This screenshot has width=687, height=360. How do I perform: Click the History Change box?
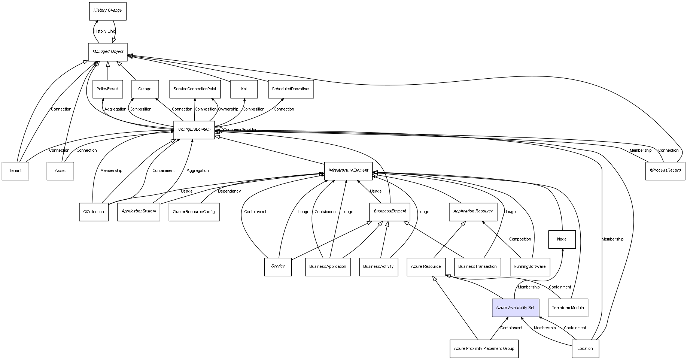pyautogui.click(x=107, y=11)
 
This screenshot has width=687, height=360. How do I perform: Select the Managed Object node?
pyautogui.click(x=108, y=52)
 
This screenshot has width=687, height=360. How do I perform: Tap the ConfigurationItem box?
pyautogui.click(x=194, y=130)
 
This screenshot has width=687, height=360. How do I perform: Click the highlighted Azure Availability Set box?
pyautogui.click(x=515, y=308)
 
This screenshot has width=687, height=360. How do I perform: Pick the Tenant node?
pyautogui.click(x=15, y=171)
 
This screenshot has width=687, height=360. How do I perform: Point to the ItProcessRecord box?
pyautogui.click(x=665, y=170)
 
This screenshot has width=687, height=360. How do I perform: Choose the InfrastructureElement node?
pyautogui.click(x=348, y=170)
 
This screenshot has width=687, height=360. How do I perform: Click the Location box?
pyautogui.click(x=585, y=348)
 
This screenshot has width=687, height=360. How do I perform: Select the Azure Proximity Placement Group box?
pyautogui.click(x=484, y=348)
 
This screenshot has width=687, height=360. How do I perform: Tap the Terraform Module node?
pyautogui.click(x=568, y=308)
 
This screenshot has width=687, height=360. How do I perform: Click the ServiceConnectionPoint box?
pyautogui.click(x=195, y=89)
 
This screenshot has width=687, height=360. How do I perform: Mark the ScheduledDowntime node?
pyautogui.click(x=291, y=89)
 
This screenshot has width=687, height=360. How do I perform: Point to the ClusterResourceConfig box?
pyautogui.click(x=194, y=212)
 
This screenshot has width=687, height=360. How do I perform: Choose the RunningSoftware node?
pyautogui.click(x=529, y=267)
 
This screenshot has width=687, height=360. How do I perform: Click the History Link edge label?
pyautogui.click(x=104, y=31)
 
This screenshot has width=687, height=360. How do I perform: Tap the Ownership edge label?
pyautogui.click(x=228, y=109)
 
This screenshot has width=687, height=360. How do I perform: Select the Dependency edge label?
pyautogui.click(x=229, y=191)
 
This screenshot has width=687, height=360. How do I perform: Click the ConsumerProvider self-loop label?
pyautogui.click(x=240, y=130)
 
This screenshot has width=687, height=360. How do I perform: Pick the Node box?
pyautogui.click(x=562, y=239)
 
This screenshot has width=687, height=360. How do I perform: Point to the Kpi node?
pyautogui.click(x=244, y=89)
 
